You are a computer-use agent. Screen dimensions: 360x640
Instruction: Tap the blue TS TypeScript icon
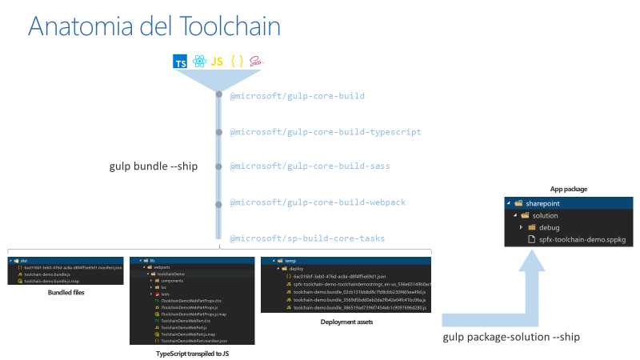click(181, 62)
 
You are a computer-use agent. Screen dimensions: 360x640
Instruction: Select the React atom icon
click(198, 62)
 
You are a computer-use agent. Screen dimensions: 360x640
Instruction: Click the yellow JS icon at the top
click(217, 62)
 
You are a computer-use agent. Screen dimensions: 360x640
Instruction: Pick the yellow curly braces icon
click(237, 62)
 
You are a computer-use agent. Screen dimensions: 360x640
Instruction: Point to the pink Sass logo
click(256, 62)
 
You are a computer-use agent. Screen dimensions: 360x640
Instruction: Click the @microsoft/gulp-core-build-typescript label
click(326, 132)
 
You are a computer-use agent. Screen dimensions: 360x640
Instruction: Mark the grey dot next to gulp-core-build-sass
click(218, 167)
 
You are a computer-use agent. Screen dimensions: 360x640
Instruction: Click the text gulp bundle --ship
click(154, 166)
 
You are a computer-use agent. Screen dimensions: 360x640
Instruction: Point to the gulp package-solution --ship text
click(511, 337)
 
